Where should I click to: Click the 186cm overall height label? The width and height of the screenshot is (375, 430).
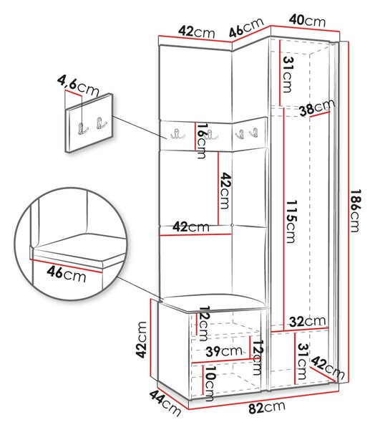(x=355, y=211)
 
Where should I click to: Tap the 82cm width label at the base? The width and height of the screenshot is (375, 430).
(x=266, y=407)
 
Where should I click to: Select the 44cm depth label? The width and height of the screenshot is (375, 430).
(x=165, y=403)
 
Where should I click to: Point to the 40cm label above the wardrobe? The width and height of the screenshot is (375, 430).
(x=307, y=20)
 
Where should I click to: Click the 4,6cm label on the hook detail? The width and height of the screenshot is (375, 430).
(x=78, y=86)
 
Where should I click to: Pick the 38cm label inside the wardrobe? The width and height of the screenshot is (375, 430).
(x=317, y=107)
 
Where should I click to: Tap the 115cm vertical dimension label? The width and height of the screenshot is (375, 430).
(x=291, y=221)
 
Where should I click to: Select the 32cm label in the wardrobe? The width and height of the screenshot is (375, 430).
(x=307, y=321)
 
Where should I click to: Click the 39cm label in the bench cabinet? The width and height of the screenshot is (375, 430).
(x=224, y=351)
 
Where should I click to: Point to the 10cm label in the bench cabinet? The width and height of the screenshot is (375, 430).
(x=210, y=383)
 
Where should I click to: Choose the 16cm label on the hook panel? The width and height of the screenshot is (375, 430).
(x=202, y=140)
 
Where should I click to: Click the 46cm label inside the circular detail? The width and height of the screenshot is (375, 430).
(x=67, y=274)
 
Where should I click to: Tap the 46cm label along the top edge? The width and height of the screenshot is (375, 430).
(x=246, y=27)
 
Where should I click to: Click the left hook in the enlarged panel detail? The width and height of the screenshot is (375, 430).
(x=82, y=128)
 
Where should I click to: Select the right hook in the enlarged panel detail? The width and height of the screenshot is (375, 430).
(x=100, y=123)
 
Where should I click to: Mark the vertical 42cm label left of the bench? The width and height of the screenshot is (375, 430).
(x=142, y=340)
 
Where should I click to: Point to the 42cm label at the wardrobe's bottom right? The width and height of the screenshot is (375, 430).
(x=328, y=368)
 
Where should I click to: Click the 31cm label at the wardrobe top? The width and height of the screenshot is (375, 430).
(x=287, y=75)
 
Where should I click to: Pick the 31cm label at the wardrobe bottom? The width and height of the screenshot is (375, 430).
(x=302, y=361)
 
